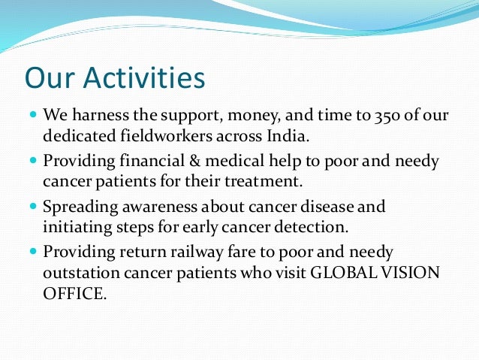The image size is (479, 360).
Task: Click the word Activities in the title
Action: click(142, 78)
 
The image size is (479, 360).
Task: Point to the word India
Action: click(287, 137)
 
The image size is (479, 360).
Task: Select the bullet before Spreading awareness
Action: click(32, 204)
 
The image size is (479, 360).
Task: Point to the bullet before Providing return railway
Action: click(32, 251)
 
